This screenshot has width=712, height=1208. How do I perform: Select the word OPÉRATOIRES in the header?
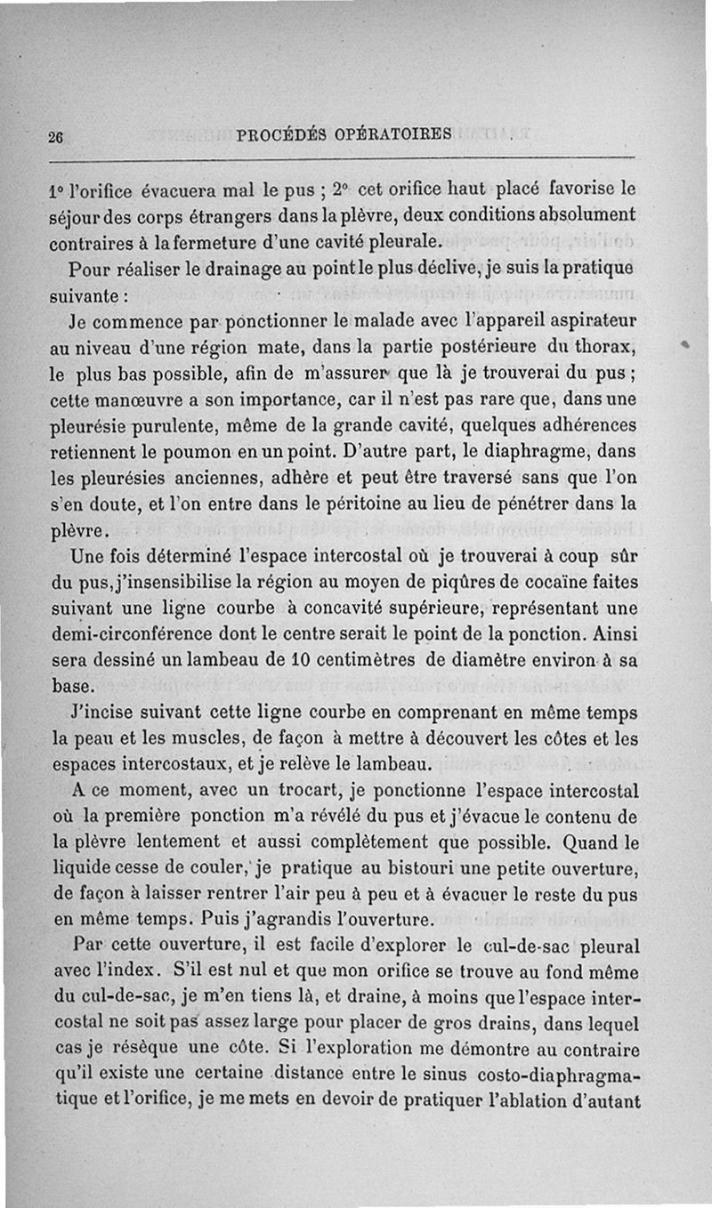click(x=393, y=134)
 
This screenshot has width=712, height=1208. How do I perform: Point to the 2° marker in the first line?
click(x=337, y=189)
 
